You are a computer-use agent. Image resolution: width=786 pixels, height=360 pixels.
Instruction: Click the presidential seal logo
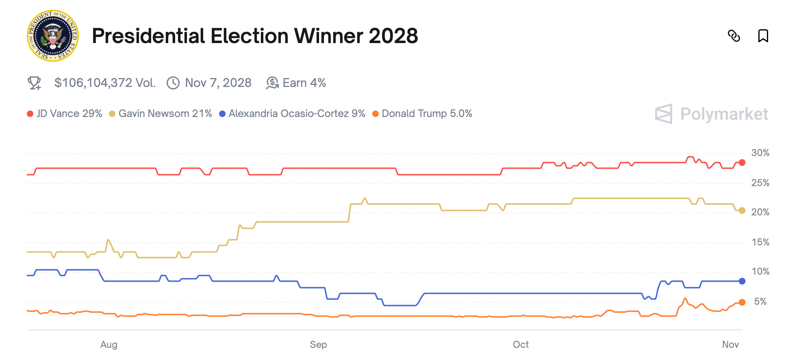(x=52, y=36)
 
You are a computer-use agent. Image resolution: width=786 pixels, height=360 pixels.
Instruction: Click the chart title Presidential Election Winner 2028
(x=255, y=36)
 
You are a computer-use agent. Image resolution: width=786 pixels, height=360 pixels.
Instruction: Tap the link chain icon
(x=734, y=36)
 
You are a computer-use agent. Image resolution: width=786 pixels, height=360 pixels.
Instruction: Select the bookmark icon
(x=763, y=36)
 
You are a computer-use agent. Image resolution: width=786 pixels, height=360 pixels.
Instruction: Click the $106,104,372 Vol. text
(x=105, y=83)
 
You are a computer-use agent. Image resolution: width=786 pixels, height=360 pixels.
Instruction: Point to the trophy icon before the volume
(x=34, y=83)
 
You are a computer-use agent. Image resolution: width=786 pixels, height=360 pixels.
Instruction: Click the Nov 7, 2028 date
(x=218, y=83)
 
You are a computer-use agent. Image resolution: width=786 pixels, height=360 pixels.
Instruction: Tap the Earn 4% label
(x=304, y=83)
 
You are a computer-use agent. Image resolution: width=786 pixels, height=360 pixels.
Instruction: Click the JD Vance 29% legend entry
(x=65, y=114)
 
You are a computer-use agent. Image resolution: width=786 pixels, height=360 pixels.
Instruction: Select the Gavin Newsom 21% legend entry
(x=161, y=114)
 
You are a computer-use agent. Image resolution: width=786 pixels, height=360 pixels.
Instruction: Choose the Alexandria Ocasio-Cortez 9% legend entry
(x=293, y=114)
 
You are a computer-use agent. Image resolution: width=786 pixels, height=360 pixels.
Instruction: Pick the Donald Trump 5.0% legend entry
(x=423, y=114)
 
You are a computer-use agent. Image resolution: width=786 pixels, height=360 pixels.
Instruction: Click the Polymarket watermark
(x=712, y=114)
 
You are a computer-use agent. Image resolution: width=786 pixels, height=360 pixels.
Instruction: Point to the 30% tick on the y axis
(x=760, y=153)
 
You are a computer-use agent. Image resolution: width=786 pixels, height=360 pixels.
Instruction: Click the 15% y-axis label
(x=760, y=243)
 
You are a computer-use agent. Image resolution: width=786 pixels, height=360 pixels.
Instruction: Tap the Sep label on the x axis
(x=318, y=345)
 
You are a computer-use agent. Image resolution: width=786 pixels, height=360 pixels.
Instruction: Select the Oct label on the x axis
(x=521, y=345)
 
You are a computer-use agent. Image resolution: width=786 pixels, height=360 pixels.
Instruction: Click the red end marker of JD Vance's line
(x=742, y=163)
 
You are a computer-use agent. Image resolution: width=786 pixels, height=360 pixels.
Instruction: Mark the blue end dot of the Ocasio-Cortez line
(x=742, y=281)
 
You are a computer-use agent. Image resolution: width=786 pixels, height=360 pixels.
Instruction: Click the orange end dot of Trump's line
(x=742, y=302)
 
